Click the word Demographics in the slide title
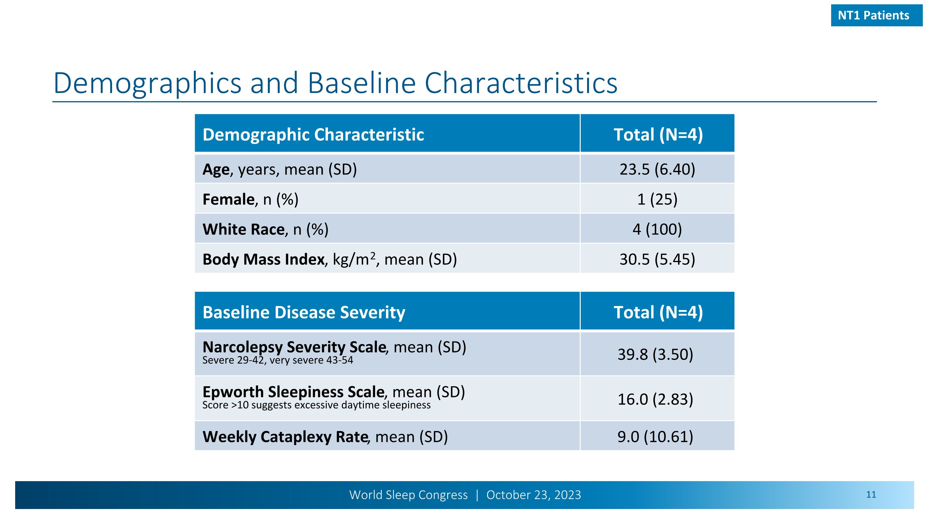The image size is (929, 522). point(147,84)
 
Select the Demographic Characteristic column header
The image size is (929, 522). point(313,135)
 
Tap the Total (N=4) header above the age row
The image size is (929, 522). point(658,135)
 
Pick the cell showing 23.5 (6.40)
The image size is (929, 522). point(657,169)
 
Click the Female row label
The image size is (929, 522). point(250,199)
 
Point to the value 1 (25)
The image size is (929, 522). point(657,199)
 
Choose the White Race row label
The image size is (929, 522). point(265,229)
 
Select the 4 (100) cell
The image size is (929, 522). point(657,229)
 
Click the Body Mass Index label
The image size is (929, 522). point(329,259)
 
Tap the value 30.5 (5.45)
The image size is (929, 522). point(657,259)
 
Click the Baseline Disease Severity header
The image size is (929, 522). point(304,312)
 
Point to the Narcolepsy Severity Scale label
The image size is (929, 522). point(334,347)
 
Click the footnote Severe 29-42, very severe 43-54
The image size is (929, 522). point(278,360)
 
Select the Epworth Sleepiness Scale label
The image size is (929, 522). point(333,392)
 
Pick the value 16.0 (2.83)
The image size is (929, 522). point(655,399)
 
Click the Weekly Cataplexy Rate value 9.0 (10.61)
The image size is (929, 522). point(655,437)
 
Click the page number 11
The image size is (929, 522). point(871,495)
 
